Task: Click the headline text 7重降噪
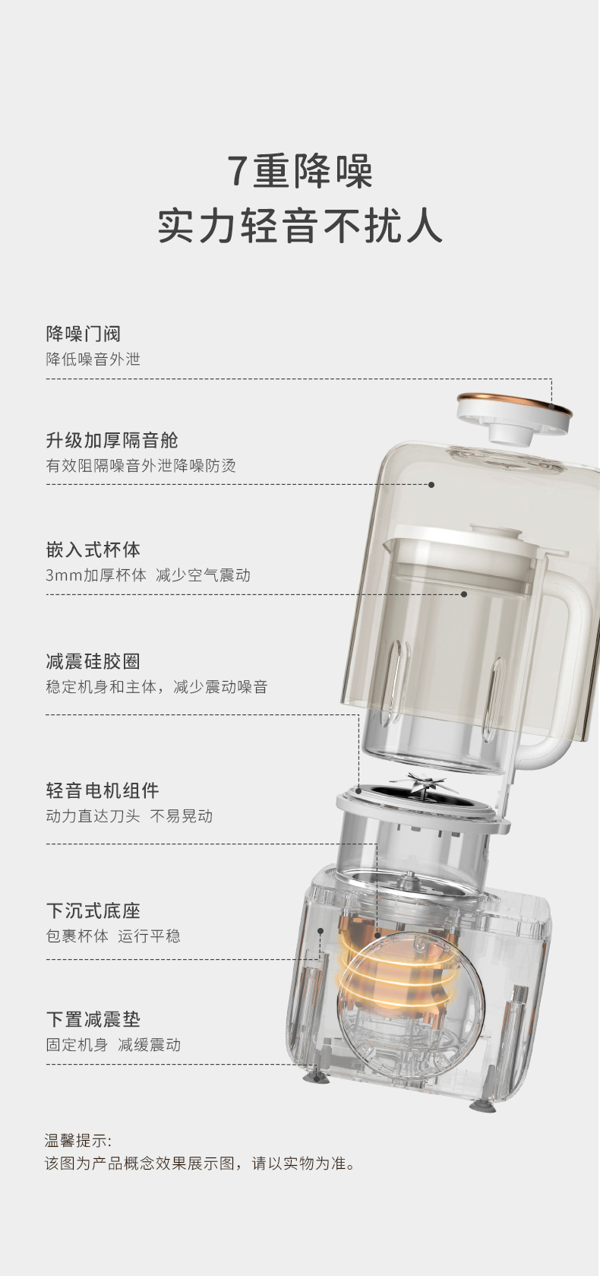300,171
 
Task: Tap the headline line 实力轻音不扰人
300,226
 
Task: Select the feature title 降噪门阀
83,334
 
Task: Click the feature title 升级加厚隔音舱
112,440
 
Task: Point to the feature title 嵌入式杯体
93,549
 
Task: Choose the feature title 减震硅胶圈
93,661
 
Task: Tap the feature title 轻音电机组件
103,790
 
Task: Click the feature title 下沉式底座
93,911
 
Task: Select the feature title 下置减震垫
93,1019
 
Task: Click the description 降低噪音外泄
93,359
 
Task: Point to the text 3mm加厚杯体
96,575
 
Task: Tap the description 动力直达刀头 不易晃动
129,816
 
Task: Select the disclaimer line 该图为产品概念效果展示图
140,1164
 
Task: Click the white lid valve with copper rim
514,417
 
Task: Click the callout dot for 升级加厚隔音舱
431,485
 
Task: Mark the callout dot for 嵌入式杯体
464,594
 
